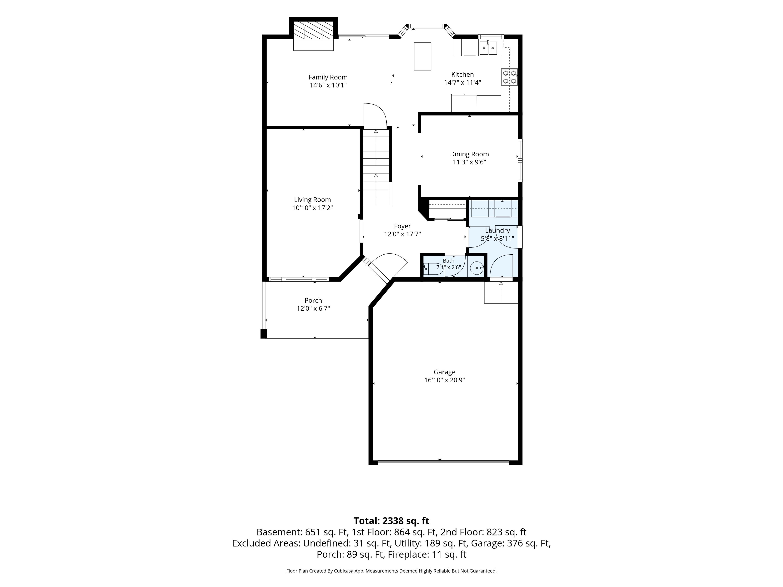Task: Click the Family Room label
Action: [x=328, y=77]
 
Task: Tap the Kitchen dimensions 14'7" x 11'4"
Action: [x=462, y=82]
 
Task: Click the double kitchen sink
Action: [x=488, y=48]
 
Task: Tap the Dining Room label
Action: [x=469, y=154]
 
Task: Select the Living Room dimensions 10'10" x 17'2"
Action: [x=312, y=208]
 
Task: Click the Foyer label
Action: [x=403, y=226]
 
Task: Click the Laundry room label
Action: [x=497, y=230]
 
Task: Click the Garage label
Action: [x=445, y=372]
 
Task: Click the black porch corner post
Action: [x=263, y=334]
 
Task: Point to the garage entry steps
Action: [x=501, y=292]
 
